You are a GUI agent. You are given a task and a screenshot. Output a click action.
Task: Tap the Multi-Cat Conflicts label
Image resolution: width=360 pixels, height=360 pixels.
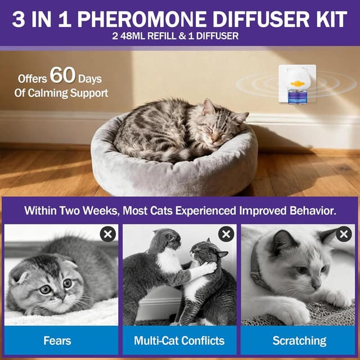(x=179, y=340)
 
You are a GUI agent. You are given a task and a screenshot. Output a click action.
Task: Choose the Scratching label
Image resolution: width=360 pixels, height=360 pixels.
(x=299, y=340)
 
